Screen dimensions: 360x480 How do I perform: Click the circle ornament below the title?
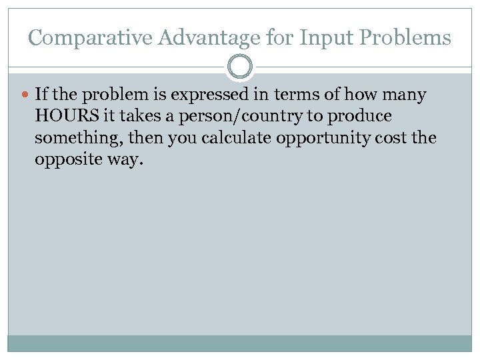tap(240, 67)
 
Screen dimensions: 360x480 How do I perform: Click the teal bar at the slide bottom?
tap(240, 343)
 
